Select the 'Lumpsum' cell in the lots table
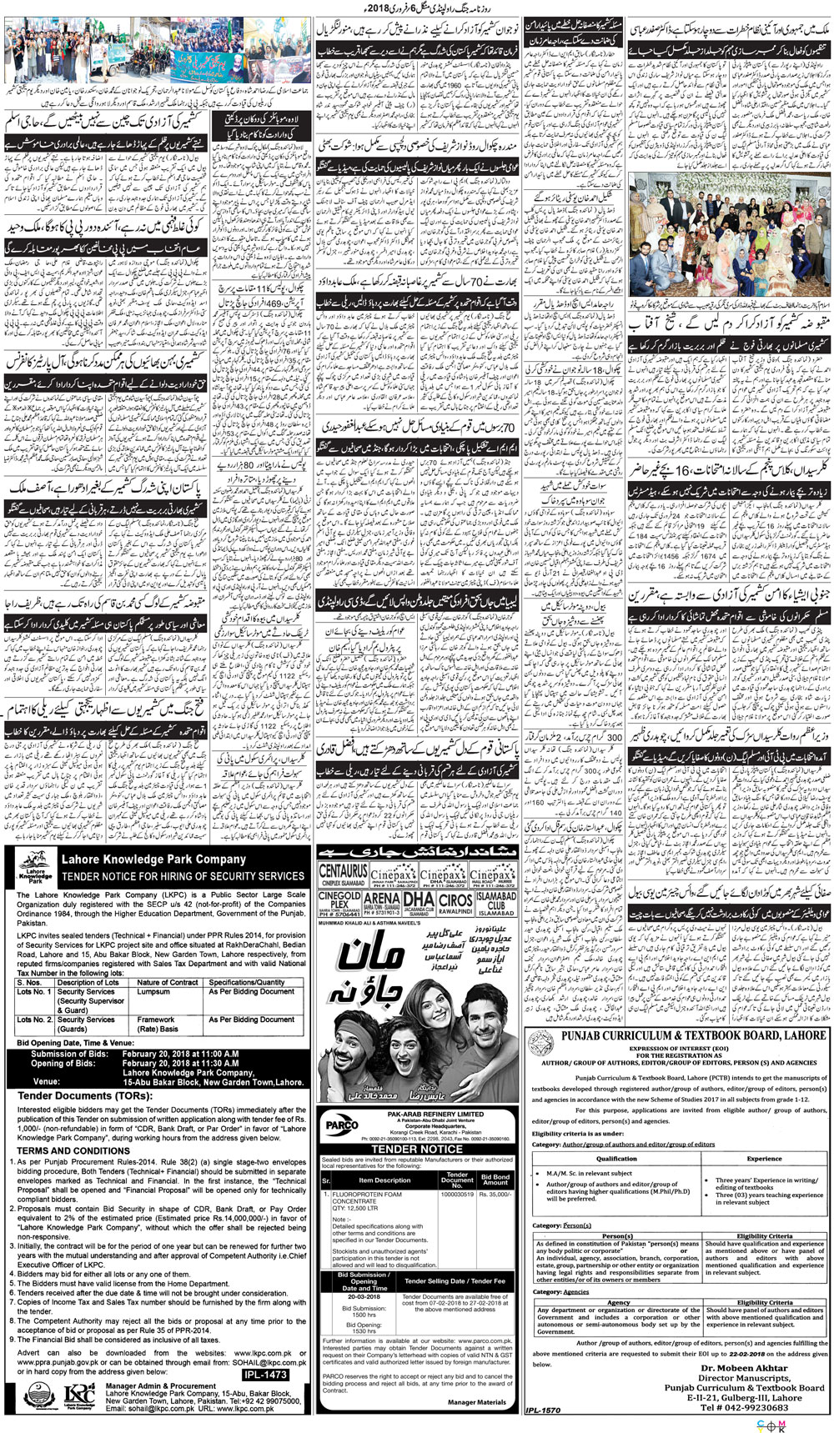pyautogui.click(x=153, y=992)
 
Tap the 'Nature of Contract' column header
pyautogui.click(x=168, y=983)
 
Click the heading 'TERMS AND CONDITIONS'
pyautogui.click(x=73, y=1150)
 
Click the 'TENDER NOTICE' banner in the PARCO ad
pyautogui.click(x=416, y=1149)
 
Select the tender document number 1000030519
pyautogui.click(x=457, y=1195)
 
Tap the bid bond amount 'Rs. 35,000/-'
pyautogui.click(x=495, y=1195)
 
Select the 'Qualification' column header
pyautogui.click(x=616, y=1159)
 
